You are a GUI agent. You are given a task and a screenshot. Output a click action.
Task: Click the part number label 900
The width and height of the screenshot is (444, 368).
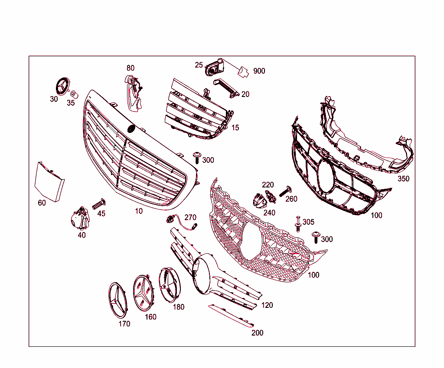pyautogui.click(x=259, y=71)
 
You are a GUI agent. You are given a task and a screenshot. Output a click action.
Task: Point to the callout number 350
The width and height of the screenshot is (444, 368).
pyautogui.click(x=403, y=178)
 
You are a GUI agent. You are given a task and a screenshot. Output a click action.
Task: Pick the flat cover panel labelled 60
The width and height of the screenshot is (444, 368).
pyautogui.click(x=49, y=181)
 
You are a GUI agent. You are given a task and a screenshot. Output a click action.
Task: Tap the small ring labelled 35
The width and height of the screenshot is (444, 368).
pyautogui.click(x=74, y=94)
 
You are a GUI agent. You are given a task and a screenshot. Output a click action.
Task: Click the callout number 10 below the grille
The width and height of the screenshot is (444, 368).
pyautogui.click(x=139, y=211)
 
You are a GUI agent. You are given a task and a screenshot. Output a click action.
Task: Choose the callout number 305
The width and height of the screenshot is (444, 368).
pyautogui.click(x=308, y=222)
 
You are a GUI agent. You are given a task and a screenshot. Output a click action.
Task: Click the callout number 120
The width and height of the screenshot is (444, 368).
pyautogui.click(x=267, y=305)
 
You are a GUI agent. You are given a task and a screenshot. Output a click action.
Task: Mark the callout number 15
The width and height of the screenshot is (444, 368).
pyautogui.click(x=235, y=128)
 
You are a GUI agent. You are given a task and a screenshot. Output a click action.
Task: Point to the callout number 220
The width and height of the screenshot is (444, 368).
pyautogui.click(x=268, y=185)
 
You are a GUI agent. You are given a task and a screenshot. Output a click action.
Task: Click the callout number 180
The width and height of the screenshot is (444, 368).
pyautogui.click(x=178, y=307)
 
